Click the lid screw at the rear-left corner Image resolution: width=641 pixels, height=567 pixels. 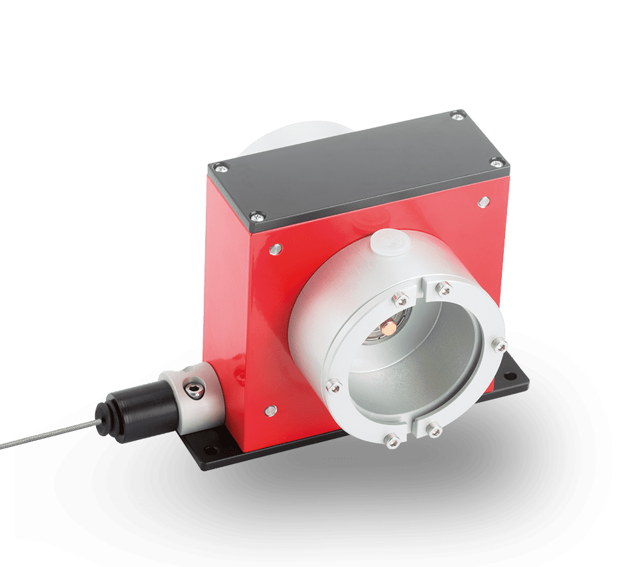coord(222,168)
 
